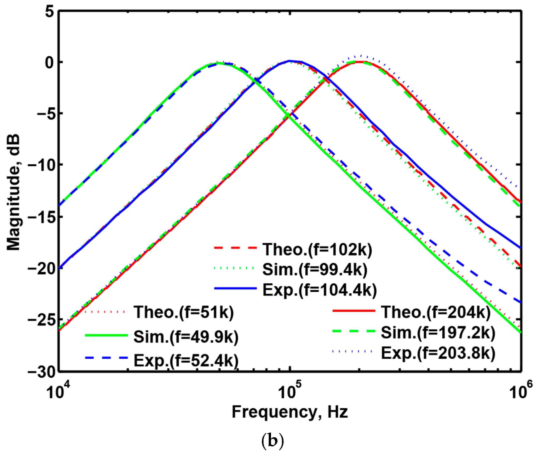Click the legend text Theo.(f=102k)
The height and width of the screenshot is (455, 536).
point(317,250)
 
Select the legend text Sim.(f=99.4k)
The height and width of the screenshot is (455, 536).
point(315,270)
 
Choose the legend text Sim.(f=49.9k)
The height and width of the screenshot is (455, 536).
point(186,337)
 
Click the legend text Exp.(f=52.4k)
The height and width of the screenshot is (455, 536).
point(186,360)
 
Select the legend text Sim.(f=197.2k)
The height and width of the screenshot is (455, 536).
point(438,333)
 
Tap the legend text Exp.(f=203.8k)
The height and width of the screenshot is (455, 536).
point(438,353)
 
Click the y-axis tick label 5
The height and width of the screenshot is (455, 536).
point(50,12)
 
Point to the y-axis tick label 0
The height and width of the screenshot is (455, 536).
point(50,62)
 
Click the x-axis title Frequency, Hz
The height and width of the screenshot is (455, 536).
point(290,412)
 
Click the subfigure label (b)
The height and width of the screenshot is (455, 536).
point(272,441)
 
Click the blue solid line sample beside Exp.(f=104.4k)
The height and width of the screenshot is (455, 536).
point(235,288)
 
